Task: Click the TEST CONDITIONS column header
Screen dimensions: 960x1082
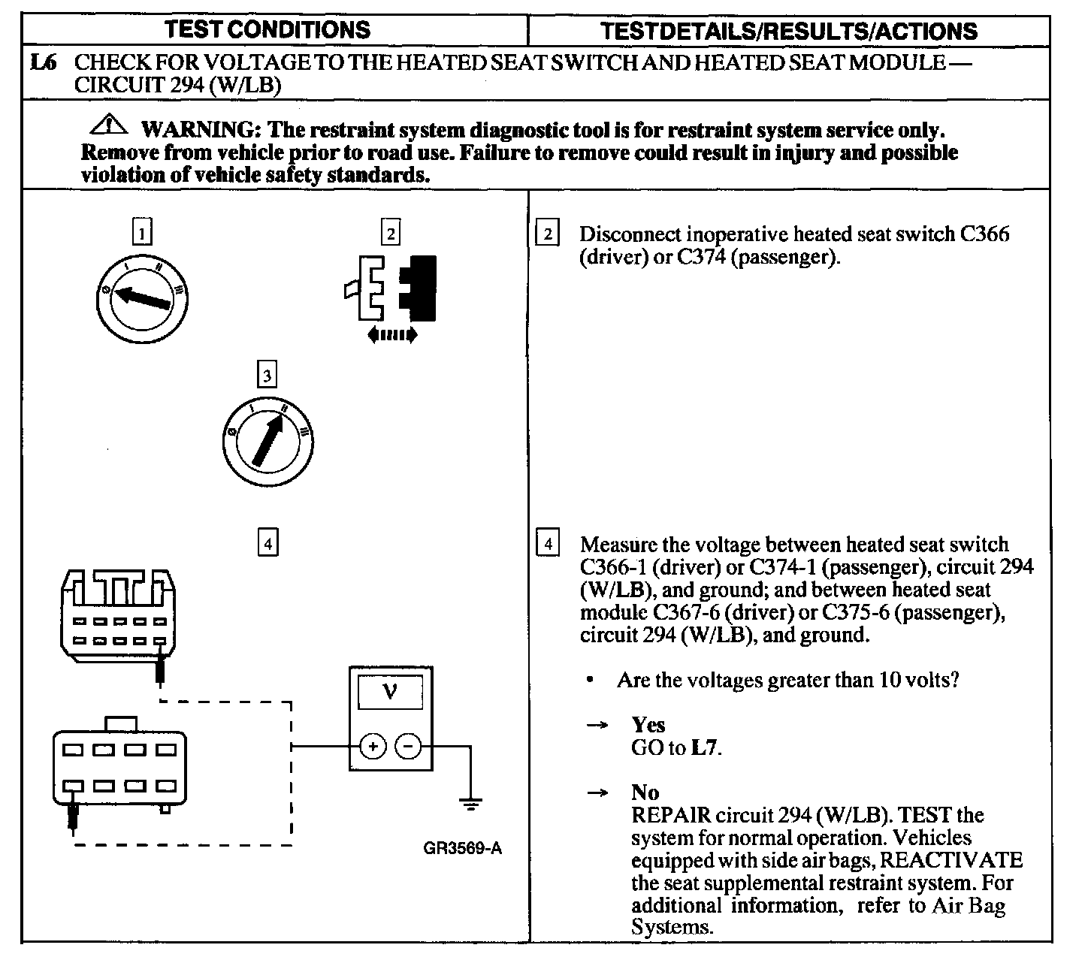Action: point(267,30)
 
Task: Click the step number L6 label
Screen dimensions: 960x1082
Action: point(44,63)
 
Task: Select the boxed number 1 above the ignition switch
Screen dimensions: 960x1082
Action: point(141,231)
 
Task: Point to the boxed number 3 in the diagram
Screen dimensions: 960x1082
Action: point(267,374)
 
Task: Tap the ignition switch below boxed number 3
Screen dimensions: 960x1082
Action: point(268,441)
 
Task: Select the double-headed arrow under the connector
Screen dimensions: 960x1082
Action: point(391,335)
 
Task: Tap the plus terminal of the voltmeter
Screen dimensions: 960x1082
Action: point(373,746)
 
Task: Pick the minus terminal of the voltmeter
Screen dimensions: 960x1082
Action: point(408,746)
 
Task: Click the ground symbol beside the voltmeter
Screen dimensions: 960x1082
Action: point(471,806)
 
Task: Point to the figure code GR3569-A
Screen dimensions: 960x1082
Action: point(461,849)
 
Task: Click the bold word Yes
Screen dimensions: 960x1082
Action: point(648,725)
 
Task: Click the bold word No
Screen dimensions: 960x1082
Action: point(645,792)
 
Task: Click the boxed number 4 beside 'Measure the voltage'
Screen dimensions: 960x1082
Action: point(549,543)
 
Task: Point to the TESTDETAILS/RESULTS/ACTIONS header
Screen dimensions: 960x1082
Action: point(789,31)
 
